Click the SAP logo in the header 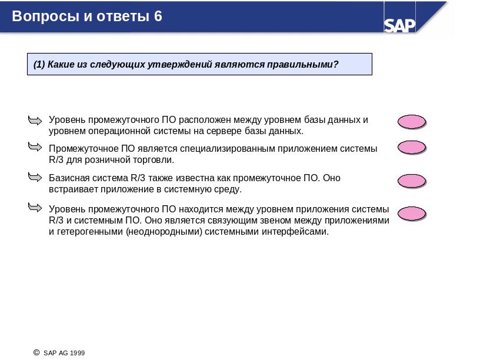tap(399, 25)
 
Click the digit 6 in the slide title tap(158, 16)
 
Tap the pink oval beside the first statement tap(412, 122)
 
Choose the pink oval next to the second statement tap(412, 147)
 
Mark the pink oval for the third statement tap(412, 181)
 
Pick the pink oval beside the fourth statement tap(412, 214)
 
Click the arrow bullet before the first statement tap(35, 121)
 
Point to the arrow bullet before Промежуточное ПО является tap(35, 147)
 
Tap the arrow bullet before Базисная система tap(35, 177)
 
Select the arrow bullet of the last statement tap(35, 208)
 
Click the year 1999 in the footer tap(78, 353)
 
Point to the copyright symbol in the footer tap(36, 353)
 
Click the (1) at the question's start tap(39, 65)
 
